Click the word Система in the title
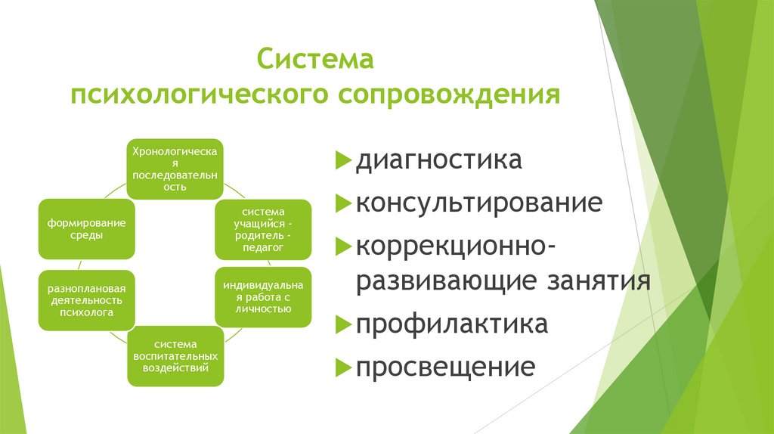point(315,59)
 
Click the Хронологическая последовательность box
point(175,169)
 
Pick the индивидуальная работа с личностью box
point(263,297)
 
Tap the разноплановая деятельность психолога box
point(87,300)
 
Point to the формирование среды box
point(87,229)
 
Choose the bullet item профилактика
point(452,324)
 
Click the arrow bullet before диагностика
point(342,161)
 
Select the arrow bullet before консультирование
point(342,203)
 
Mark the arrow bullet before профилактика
point(342,324)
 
